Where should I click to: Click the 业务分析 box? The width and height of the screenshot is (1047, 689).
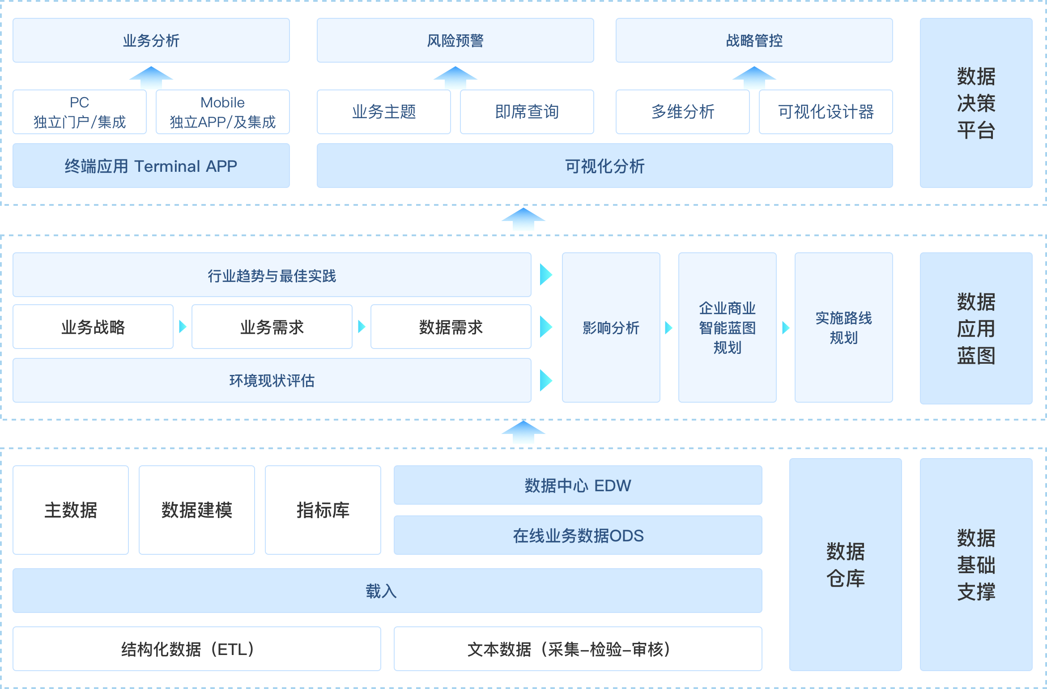[151, 40]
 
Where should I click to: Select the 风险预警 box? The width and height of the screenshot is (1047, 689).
[455, 40]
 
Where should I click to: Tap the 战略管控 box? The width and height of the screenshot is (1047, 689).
[754, 40]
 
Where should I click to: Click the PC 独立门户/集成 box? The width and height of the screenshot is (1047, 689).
[80, 112]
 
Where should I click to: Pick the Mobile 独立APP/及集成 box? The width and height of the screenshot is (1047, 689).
[222, 112]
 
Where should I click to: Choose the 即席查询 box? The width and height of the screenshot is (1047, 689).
[527, 112]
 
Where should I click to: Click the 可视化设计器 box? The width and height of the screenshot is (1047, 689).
[826, 112]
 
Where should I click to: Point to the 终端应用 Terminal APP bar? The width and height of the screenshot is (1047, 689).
[151, 166]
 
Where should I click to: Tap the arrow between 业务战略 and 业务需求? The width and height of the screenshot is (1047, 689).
[183, 327]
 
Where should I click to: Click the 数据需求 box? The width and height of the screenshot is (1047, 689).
[451, 327]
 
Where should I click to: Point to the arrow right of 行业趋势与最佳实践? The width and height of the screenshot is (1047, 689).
[546, 275]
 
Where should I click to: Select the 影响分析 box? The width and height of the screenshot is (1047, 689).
[611, 327]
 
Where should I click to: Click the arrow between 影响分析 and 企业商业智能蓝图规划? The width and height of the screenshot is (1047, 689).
[669, 327]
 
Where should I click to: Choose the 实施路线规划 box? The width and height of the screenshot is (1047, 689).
[843, 327]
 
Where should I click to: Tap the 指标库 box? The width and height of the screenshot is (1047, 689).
[323, 510]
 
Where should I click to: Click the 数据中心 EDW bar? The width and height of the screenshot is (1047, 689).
[578, 485]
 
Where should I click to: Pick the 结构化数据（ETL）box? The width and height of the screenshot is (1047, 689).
[196, 649]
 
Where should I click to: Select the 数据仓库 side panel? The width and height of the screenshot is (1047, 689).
[845, 564]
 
